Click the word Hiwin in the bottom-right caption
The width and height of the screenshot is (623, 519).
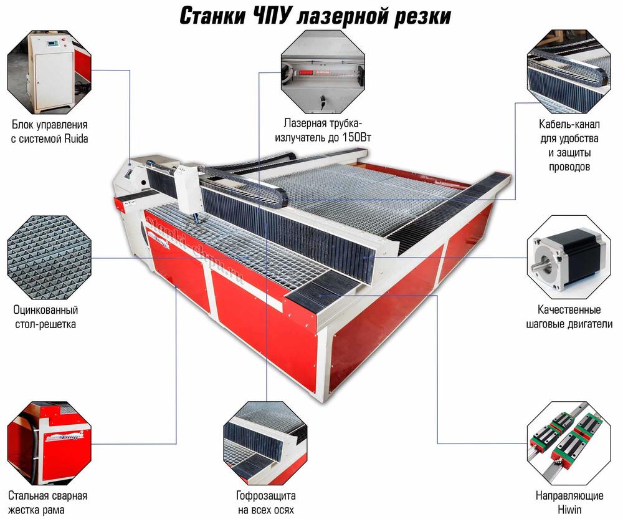tap(569, 510)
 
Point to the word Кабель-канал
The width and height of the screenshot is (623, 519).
tap(569, 124)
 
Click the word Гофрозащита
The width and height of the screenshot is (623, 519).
tap(266, 495)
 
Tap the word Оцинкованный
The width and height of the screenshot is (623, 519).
tap(45, 309)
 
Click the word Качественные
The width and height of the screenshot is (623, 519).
tap(569, 309)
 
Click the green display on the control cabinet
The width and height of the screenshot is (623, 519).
tap(53, 44)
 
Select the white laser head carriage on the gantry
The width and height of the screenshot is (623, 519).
tap(189, 189)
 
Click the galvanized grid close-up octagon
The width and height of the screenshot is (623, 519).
tap(49, 257)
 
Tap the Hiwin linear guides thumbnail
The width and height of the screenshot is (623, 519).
tap(569, 444)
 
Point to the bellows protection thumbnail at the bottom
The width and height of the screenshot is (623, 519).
tap(265, 444)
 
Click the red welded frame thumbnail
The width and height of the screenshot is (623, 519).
tap(49, 444)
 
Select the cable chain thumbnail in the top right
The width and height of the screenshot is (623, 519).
tap(569, 72)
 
